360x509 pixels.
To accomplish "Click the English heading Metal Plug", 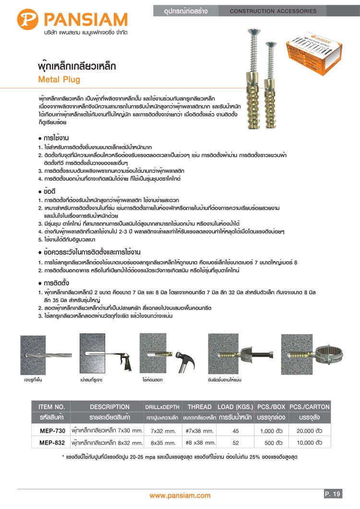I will (59, 80).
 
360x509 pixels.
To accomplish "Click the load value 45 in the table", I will (236, 431).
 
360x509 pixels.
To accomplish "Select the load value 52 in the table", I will (236, 443).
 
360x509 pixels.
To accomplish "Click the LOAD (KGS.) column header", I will (235, 407).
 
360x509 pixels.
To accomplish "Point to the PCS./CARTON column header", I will (310, 407).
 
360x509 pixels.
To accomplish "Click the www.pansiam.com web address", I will (180, 496).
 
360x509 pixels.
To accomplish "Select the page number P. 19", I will (333, 494).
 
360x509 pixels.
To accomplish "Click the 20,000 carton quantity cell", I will (310, 431).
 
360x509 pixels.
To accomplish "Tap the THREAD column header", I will (199, 407).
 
